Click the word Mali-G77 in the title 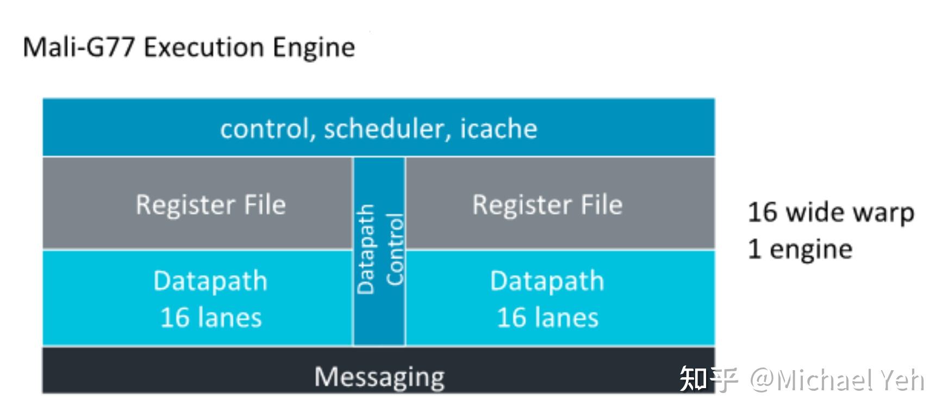78,47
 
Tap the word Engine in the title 314,47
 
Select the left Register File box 198,204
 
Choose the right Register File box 560,204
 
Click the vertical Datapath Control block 379,250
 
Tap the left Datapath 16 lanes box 198,298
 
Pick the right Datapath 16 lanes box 560,298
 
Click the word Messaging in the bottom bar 379,377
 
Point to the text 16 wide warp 831,213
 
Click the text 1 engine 800,249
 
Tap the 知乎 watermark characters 709,379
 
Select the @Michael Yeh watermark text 837,380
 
